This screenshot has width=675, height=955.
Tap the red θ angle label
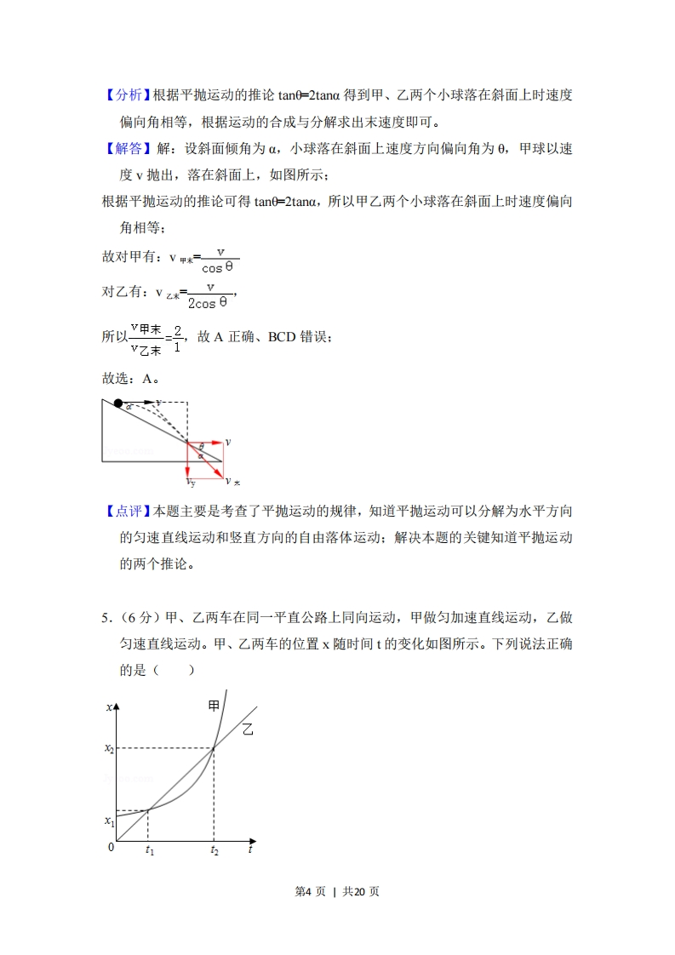pyautogui.click(x=201, y=446)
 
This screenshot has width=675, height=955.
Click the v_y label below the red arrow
pyautogui.click(x=192, y=483)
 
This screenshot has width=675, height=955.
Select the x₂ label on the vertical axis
pyautogui.click(x=109, y=748)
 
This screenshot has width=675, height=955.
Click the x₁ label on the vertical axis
pyautogui.click(x=109, y=821)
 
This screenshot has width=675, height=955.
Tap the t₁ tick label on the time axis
pyautogui.click(x=149, y=850)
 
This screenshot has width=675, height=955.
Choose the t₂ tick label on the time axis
pyautogui.click(x=214, y=850)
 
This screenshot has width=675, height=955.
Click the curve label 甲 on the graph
pyautogui.click(x=214, y=705)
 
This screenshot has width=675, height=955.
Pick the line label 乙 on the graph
pyautogui.click(x=248, y=729)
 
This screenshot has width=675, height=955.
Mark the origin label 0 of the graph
pyautogui.click(x=110, y=847)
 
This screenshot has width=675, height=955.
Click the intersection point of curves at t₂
pyautogui.click(x=214, y=747)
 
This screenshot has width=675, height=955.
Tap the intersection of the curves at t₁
pyautogui.click(x=149, y=809)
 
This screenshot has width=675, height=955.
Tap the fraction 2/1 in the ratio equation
pyautogui.click(x=177, y=338)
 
